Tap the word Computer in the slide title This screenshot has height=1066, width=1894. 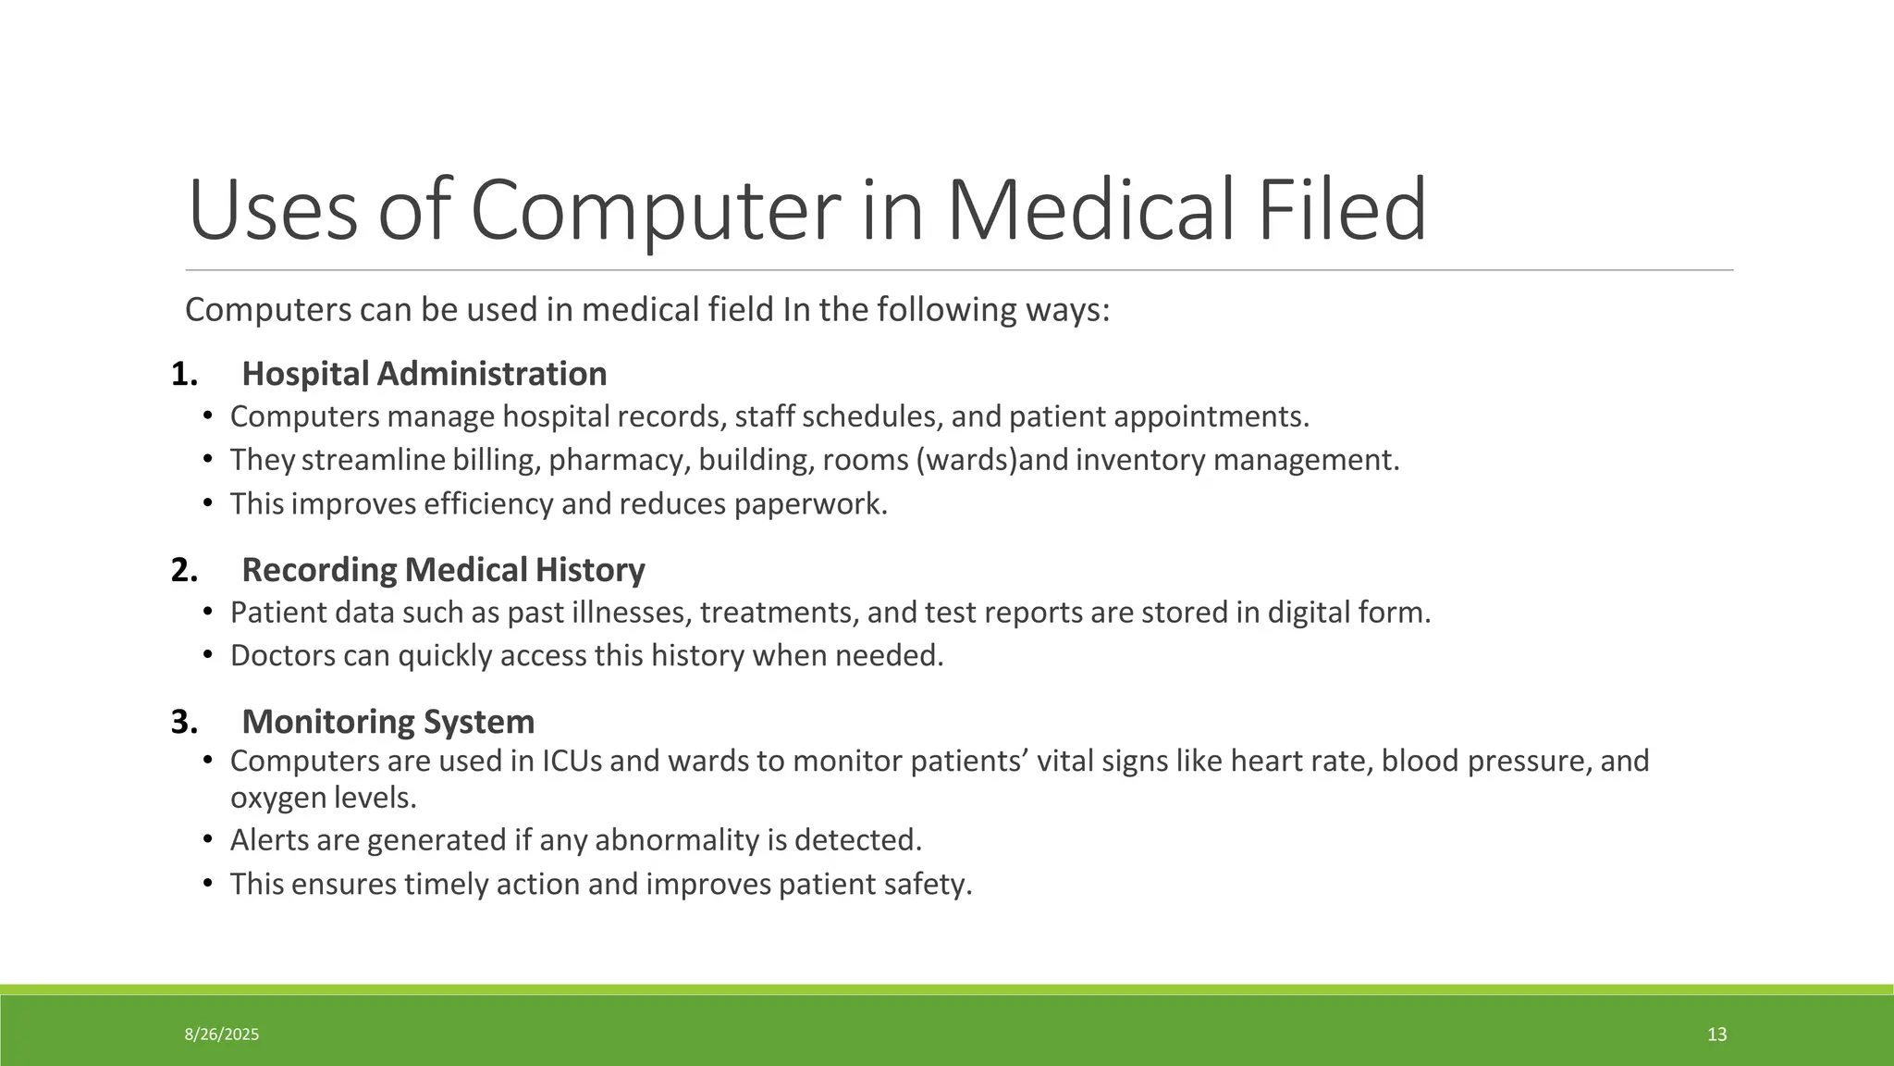click(655, 210)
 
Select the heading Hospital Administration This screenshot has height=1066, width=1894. click(424, 374)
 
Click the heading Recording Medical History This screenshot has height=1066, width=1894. click(443, 570)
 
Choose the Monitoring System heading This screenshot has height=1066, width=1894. click(387, 722)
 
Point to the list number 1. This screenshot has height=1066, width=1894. click(184, 375)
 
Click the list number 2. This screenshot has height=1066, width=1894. click(184, 570)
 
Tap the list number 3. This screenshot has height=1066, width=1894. click(184, 722)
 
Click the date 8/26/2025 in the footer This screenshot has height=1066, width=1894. click(222, 1035)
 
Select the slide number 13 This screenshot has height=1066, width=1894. click(1716, 1035)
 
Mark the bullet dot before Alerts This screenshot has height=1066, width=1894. click(208, 839)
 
